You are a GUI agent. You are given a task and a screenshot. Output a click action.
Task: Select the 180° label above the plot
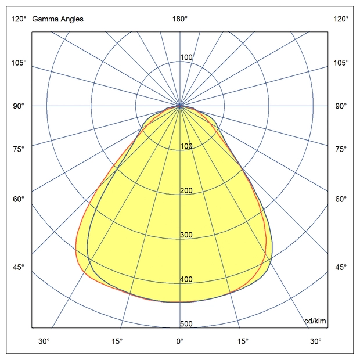click(x=180, y=19)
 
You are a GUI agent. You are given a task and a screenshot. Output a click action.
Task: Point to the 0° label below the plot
click(x=180, y=341)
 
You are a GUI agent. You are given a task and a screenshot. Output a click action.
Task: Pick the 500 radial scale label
click(x=186, y=324)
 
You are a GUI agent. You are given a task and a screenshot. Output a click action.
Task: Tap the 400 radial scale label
click(x=186, y=279)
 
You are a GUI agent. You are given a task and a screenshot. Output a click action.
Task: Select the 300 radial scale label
click(x=186, y=235)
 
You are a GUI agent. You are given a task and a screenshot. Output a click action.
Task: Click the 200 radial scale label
click(x=186, y=191)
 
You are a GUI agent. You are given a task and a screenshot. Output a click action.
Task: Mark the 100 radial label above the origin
click(x=186, y=57)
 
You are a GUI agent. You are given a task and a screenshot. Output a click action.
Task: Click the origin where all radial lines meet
click(x=180, y=106)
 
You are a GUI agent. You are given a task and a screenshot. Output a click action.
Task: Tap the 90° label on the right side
click(x=341, y=106)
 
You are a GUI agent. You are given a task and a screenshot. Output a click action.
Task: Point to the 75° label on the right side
click(x=341, y=149)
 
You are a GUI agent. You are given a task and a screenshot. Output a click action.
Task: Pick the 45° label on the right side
click(x=341, y=267)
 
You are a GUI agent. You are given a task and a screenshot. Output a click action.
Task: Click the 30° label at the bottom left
click(x=44, y=341)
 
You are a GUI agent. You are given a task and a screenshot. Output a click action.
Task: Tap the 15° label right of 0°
click(x=243, y=341)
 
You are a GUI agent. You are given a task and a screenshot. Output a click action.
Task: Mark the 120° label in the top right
click(x=341, y=19)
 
